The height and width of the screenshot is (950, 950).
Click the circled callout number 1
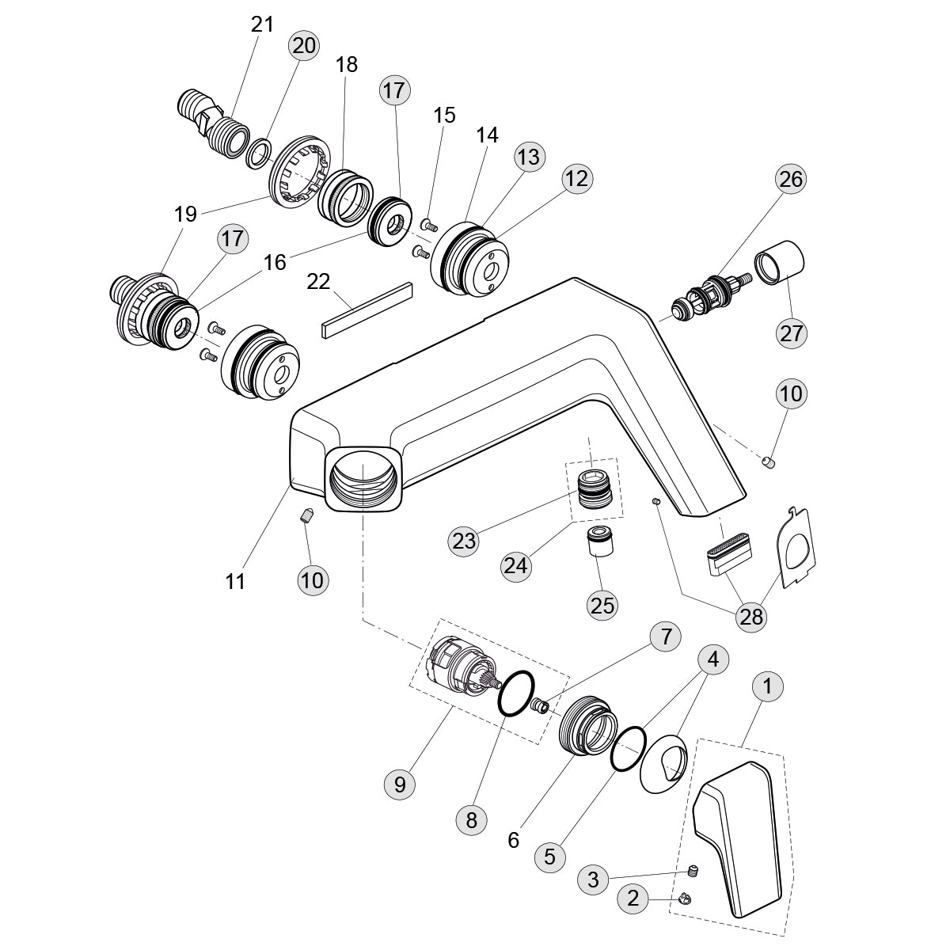[768, 686]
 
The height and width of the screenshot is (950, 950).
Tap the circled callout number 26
[791, 179]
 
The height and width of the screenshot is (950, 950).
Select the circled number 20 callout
[303, 46]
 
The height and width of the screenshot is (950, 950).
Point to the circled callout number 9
[400, 784]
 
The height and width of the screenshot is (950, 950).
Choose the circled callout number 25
[602, 605]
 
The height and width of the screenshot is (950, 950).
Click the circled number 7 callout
[666, 636]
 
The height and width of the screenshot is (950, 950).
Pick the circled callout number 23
[464, 541]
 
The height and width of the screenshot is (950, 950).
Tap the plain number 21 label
[262, 25]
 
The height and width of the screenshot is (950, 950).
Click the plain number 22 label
[318, 282]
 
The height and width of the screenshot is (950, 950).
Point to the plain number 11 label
[235, 582]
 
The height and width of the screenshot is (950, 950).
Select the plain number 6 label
[514, 840]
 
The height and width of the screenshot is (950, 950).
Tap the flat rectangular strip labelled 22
[367, 309]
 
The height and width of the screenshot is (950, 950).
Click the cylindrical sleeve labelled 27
[780, 261]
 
